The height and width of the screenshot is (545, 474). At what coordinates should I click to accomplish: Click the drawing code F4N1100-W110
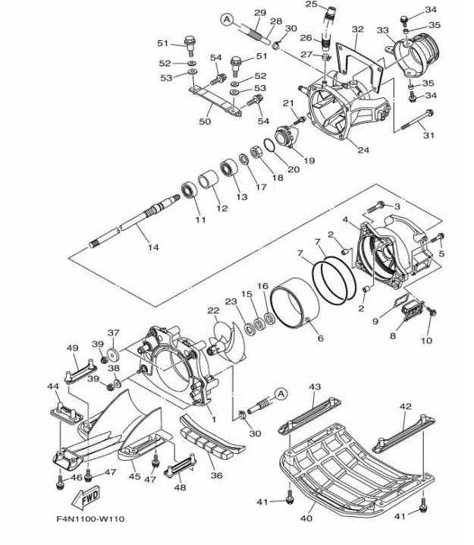(89, 519)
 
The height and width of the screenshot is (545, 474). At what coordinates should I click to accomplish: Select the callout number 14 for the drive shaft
(153, 247)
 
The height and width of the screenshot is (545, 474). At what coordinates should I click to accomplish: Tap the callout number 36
(216, 475)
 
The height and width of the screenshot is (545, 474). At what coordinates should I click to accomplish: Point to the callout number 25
(311, 5)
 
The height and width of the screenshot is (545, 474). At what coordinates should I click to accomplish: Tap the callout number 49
(73, 348)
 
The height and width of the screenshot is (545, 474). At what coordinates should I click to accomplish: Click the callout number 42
(406, 407)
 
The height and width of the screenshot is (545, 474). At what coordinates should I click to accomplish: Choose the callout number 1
(212, 419)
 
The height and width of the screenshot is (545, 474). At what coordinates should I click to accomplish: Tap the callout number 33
(382, 30)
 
